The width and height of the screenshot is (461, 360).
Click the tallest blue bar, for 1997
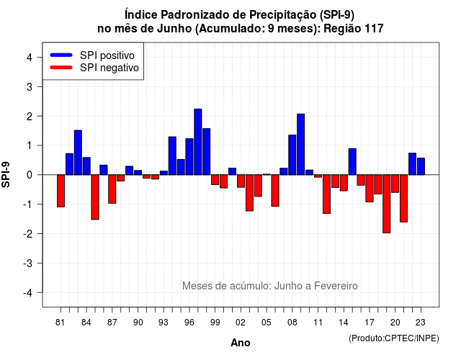pos(198,142)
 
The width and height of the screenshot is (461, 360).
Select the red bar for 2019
pos(387,204)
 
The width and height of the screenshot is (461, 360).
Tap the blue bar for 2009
pos(301,144)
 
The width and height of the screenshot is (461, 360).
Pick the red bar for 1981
pos(61,191)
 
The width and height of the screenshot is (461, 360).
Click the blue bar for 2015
pos(352,161)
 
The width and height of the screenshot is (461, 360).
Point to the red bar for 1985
pos(95,197)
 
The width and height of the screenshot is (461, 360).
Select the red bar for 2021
pos(403,199)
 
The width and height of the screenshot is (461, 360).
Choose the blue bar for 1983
pos(78,153)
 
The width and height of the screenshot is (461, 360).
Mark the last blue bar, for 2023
pos(421,166)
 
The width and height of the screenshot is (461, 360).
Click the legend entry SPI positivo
pos(107,55)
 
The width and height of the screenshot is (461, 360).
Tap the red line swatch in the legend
pos(61,67)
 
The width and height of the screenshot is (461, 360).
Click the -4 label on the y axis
pos(28,293)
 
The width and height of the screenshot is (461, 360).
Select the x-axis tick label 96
pos(189,323)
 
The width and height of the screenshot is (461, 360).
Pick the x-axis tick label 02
pos(241,323)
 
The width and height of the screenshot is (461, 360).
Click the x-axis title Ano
pos(241,343)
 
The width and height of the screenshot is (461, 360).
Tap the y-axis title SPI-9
pos(6,174)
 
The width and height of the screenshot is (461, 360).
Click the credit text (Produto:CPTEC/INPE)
pos(394,338)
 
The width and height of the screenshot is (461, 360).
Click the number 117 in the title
pos(374,29)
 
